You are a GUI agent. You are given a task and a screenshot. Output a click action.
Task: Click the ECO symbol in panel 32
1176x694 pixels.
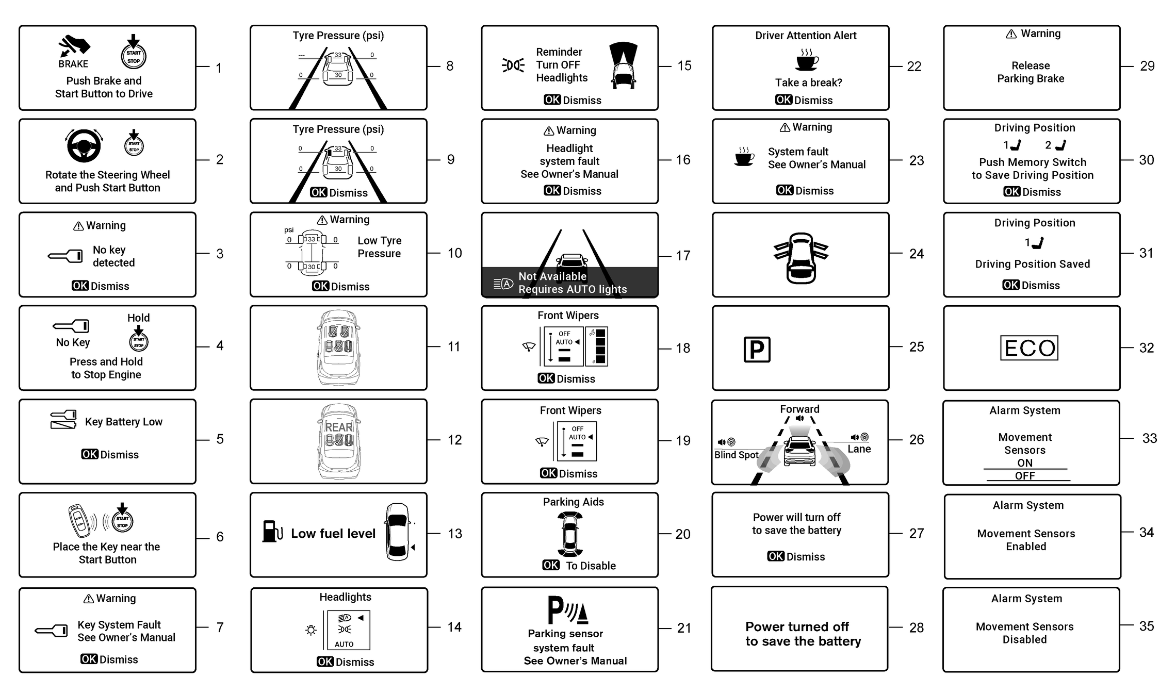coord(1029,348)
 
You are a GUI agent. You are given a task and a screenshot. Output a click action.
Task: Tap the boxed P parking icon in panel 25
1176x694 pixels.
coord(757,350)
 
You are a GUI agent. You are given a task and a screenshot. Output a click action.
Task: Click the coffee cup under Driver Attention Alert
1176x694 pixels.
coord(807,61)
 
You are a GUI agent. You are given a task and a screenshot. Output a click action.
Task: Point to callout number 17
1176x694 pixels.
coord(683,256)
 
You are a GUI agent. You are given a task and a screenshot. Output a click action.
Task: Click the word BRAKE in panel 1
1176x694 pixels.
coord(73,64)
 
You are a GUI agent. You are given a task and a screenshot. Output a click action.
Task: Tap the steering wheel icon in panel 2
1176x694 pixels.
coord(84,145)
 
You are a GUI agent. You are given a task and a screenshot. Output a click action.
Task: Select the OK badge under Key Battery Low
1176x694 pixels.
coord(89,454)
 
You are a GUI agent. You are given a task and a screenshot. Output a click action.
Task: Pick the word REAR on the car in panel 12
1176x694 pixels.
coord(339,427)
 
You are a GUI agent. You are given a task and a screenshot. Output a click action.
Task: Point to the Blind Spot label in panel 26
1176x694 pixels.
coord(736,455)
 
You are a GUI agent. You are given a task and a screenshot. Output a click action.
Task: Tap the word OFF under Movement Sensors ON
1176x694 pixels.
coord(1025,476)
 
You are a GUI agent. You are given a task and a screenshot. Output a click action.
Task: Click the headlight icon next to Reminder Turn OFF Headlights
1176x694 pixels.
coord(513,65)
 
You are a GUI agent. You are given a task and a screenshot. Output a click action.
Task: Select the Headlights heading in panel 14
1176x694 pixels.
coord(345,597)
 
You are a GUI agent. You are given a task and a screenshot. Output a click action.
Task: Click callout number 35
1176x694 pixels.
coord(1146,626)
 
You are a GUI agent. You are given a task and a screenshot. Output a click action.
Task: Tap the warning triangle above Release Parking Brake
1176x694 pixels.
coord(1011,34)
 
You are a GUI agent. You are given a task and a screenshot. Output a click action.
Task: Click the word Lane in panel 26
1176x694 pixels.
coord(859,449)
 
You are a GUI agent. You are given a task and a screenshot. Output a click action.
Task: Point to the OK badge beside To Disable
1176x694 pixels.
coord(551,565)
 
